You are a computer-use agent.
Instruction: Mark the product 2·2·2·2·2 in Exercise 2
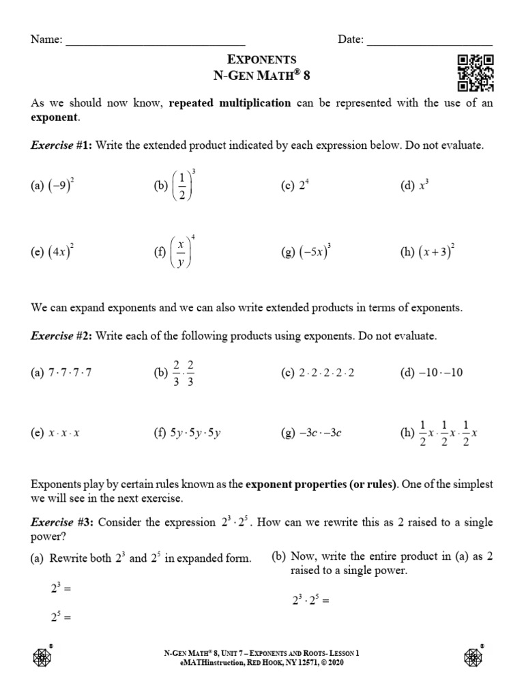click(x=327, y=373)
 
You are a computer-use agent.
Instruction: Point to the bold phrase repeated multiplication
click(x=229, y=103)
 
